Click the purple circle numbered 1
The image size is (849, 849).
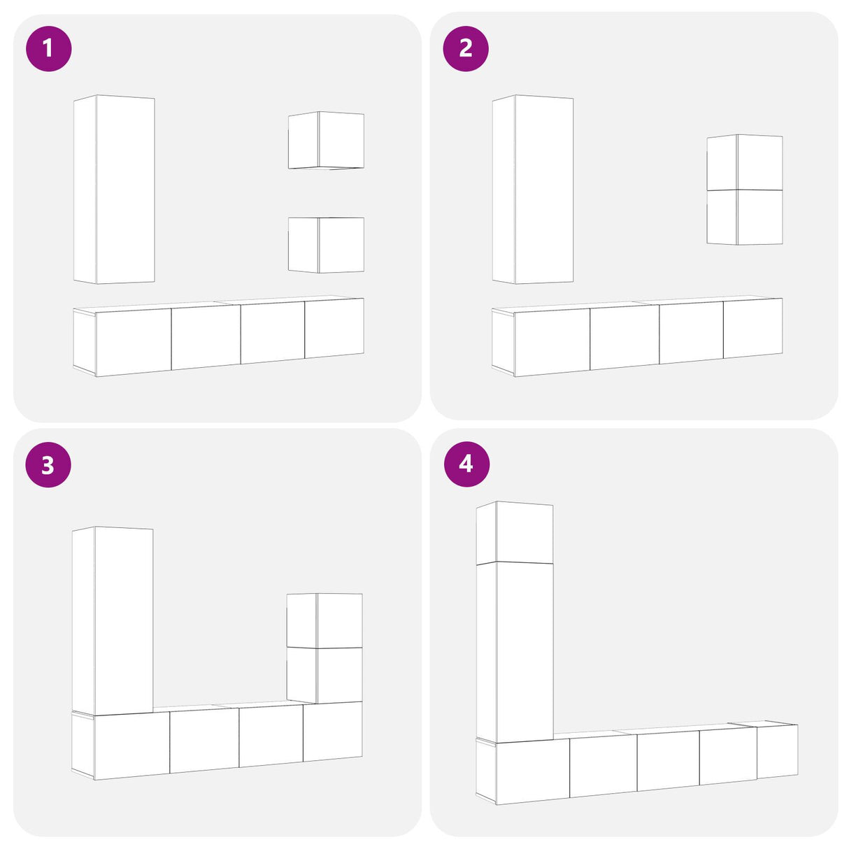48,48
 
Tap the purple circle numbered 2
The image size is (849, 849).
466,48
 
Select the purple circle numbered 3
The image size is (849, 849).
48,465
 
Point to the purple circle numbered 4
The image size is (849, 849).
466,464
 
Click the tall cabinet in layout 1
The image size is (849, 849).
114,189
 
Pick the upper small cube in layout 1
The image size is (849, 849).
326,140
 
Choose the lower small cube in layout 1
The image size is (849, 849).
326,245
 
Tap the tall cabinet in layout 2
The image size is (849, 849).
533,189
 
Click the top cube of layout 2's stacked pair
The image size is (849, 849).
745,162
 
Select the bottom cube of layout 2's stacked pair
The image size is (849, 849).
745,217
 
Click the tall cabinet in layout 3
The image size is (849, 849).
113,620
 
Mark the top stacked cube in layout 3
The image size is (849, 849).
324,620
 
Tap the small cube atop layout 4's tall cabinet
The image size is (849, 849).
515,533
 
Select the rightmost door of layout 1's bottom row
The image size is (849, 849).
334,328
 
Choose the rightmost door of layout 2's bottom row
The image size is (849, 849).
753,328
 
